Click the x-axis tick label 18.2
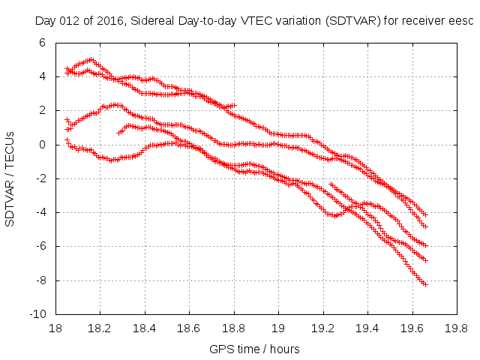pos(100,328)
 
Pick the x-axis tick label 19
pos(278,328)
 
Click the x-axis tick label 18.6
pos(189,328)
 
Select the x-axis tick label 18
pos(55,328)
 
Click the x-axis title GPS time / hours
pos(255,349)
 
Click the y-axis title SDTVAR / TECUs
pos(10,178)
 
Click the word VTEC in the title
pos(257,20)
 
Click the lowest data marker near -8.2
pos(424,284)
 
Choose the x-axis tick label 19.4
pos(367,328)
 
